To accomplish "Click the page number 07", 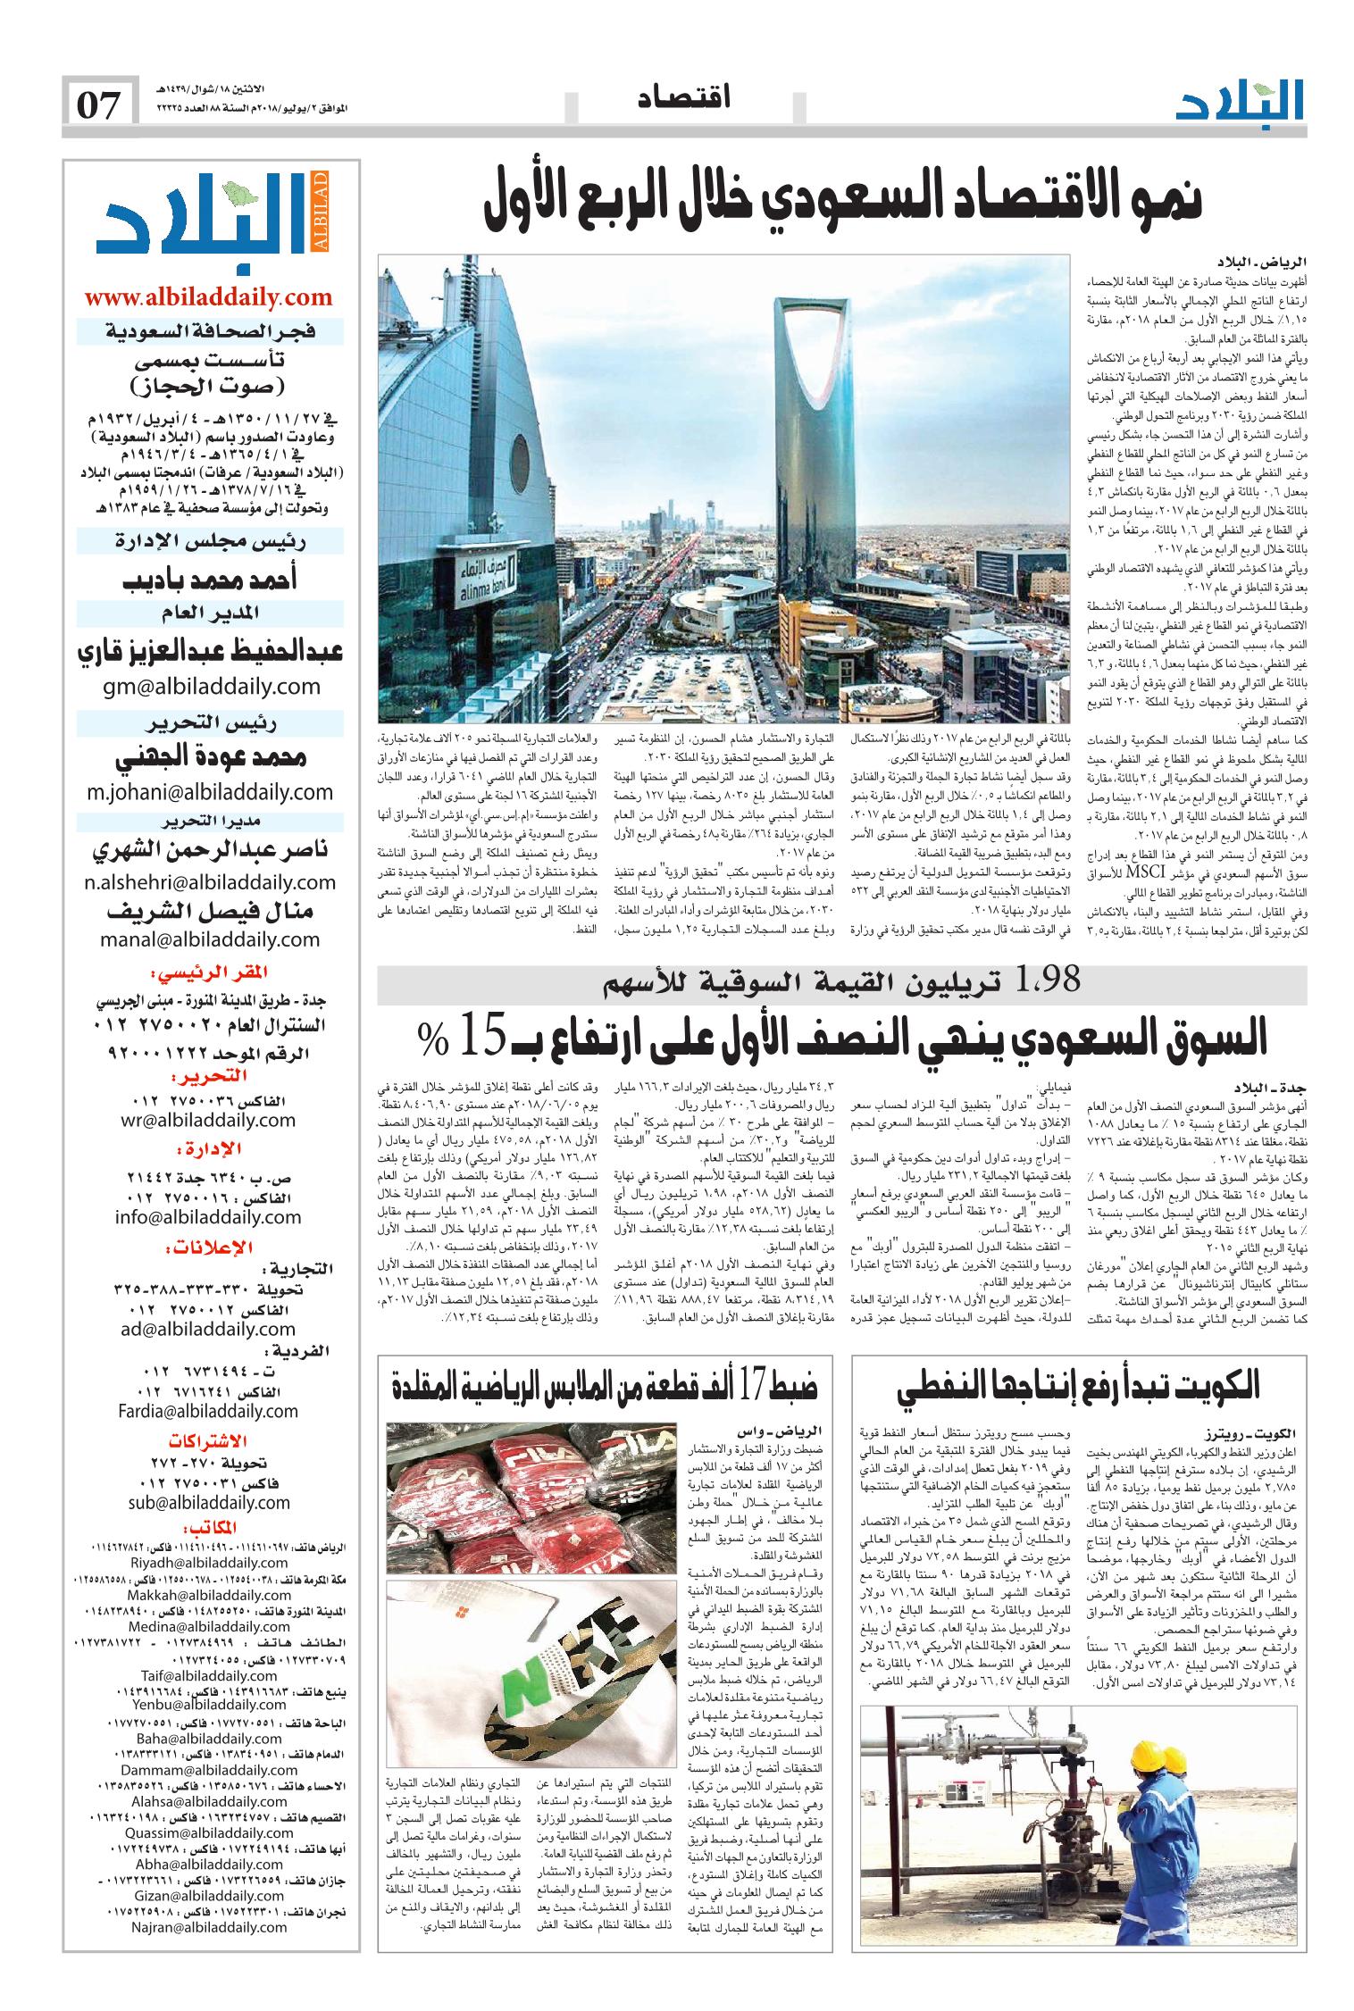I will (99, 105).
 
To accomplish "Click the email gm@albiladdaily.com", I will (212, 687).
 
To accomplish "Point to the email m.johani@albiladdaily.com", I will (211, 792).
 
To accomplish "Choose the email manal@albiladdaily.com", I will (212, 939).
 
